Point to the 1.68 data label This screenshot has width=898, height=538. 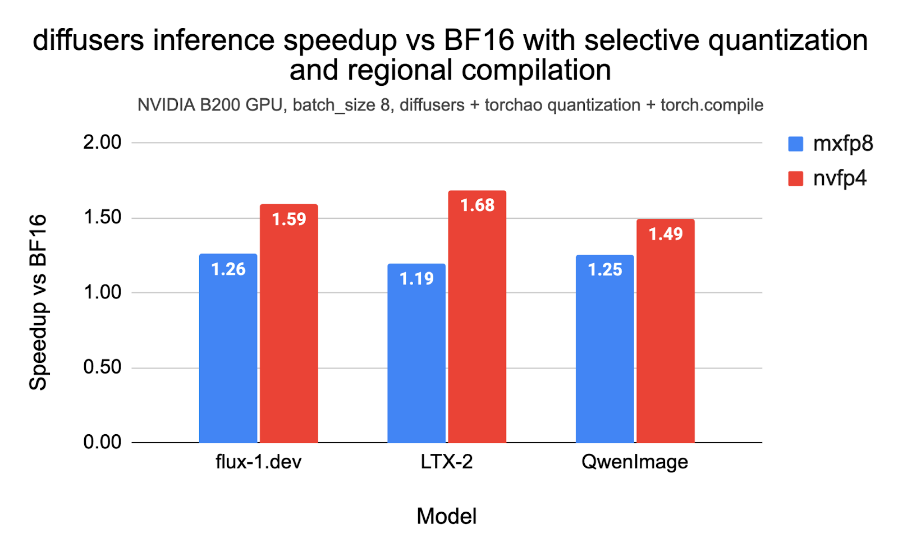coord(477,205)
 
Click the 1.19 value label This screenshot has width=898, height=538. coord(416,278)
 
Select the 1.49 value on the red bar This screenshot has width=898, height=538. coord(666,234)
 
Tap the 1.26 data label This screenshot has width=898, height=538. coord(228,269)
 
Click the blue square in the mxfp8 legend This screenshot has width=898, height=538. coord(795,144)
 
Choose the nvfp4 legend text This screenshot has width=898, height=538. coord(840,178)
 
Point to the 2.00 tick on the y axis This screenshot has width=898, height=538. coord(102,142)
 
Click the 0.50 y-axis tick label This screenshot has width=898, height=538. coord(102,367)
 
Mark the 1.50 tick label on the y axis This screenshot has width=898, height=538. coord(102,218)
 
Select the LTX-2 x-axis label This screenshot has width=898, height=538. coord(447,462)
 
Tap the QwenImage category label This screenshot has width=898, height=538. coord(634,462)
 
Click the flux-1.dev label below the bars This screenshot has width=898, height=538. coord(258,462)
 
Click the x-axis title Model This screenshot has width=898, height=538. coord(447,516)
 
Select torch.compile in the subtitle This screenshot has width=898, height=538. coord(712,105)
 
